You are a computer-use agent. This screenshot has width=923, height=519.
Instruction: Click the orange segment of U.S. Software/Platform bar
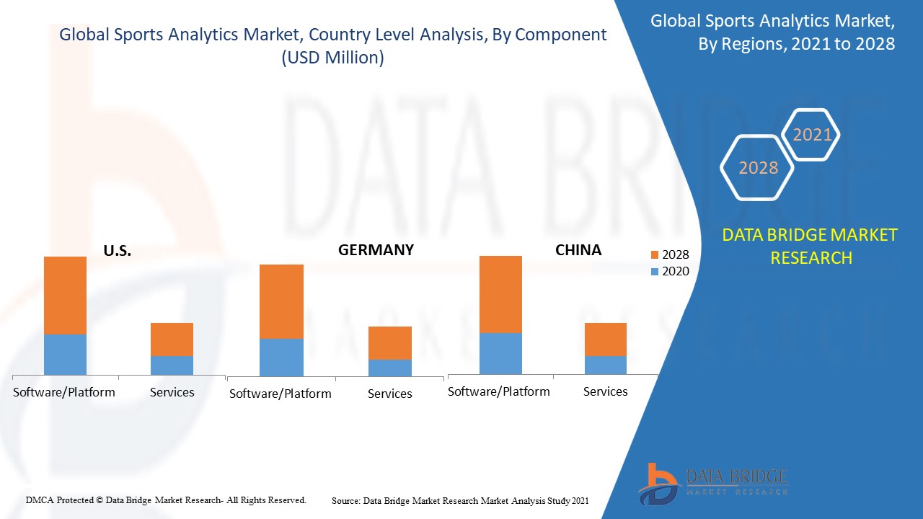click(x=65, y=295)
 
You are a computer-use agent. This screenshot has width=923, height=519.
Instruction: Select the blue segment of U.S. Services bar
click(x=172, y=365)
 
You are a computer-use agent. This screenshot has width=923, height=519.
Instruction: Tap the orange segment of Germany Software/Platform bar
click(x=281, y=301)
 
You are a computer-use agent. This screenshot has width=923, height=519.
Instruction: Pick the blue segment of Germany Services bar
click(x=389, y=368)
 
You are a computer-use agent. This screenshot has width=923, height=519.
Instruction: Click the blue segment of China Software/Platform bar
click(x=500, y=353)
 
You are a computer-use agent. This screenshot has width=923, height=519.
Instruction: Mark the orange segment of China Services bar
click(x=605, y=339)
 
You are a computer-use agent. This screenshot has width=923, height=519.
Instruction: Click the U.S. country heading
click(x=117, y=252)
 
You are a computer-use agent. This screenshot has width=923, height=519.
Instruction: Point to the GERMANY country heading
click(x=376, y=250)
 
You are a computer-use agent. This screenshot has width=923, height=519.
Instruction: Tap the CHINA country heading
click(x=578, y=250)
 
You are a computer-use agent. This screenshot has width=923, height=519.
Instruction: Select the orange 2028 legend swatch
click(x=654, y=255)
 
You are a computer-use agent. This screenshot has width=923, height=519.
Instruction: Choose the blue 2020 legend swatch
click(x=654, y=272)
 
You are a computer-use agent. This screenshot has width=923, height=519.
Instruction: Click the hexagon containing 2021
click(x=811, y=135)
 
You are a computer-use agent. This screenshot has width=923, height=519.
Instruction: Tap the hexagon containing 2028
click(x=758, y=168)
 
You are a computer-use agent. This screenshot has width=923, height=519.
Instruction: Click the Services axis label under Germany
click(x=389, y=394)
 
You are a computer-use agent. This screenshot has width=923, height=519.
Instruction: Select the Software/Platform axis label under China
click(x=498, y=391)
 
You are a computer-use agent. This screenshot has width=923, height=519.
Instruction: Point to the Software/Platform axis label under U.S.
click(x=64, y=392)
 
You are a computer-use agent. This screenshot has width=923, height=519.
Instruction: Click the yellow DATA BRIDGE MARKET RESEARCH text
click(x=810, y=246)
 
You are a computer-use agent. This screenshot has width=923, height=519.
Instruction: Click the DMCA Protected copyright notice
click(x=166, y=500)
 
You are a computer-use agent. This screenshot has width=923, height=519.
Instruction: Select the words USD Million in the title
click(x=332, y=58)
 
